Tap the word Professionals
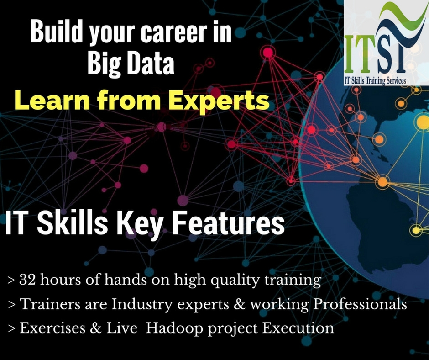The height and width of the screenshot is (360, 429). click(360, 304)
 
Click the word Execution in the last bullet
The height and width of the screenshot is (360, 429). click(298, 328)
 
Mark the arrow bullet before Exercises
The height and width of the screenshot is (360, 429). click(11, 328)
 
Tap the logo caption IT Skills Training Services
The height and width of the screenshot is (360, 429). click(375, 80)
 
